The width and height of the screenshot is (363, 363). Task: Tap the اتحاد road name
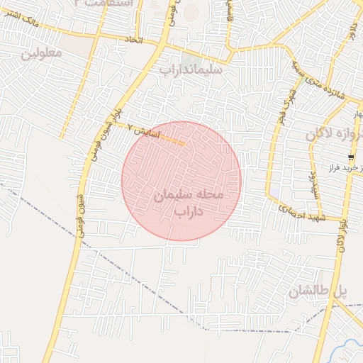point(133,40)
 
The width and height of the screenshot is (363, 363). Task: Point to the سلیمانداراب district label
point(190,70)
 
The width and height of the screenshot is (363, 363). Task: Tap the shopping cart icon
point(351,157)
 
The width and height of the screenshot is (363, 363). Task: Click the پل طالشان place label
point(320,291)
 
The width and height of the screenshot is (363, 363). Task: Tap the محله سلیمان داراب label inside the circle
point(189,202)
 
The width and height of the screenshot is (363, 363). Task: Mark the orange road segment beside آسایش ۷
point(174,140)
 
